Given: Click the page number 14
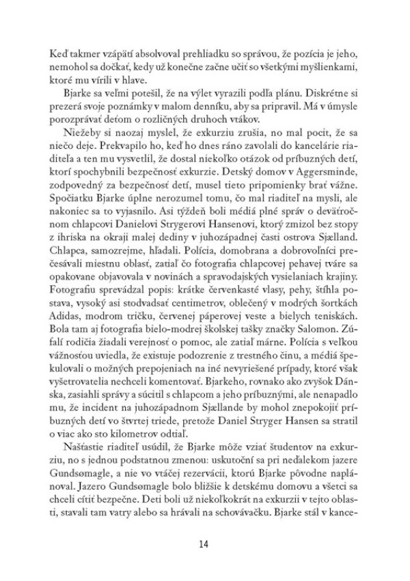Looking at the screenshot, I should point(204,543).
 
